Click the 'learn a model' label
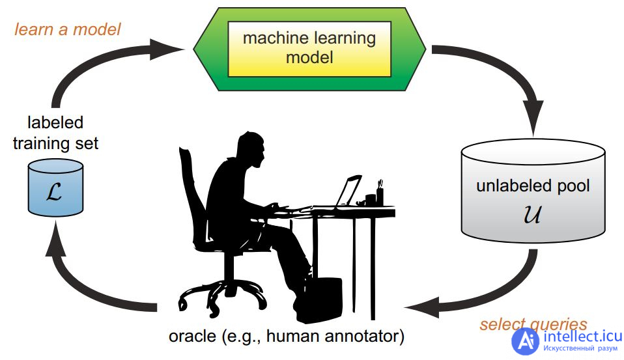click(67, 29)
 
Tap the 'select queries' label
click(533, 324)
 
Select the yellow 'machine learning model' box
click(309, 49)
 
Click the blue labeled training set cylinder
click(55, 187)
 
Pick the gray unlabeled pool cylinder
click(533, 191)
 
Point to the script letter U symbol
click(532, 214)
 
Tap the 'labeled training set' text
click(55, 133)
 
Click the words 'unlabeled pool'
click(533, 186)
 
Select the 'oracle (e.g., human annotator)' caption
click(287, 336)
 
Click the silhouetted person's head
click(251, 149)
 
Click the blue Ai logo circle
click(525, 342)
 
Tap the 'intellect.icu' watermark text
click(582, 337)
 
